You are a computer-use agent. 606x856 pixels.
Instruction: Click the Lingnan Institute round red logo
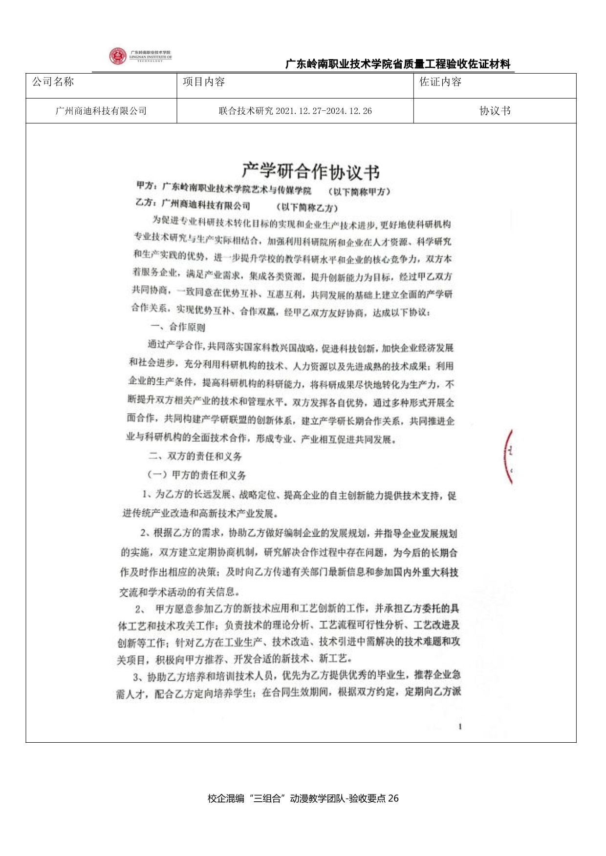click(117, 56)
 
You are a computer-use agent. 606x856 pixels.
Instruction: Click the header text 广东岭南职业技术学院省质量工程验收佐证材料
click(398, 64)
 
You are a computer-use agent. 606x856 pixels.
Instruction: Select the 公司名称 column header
click(53, 82)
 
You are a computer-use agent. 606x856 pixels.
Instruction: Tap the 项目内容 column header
click(204, 82)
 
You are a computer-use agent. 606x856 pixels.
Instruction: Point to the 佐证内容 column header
click(440, 82)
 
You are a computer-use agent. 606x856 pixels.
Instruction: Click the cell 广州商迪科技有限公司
click(101, 111)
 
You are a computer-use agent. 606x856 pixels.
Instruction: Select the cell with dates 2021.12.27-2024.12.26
click(295, 111)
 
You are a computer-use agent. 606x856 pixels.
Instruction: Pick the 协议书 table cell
click(495, 111)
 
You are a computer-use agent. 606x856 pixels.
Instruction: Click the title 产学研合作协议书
click(311, 171)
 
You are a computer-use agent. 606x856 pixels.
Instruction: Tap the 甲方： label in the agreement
click(147, 186)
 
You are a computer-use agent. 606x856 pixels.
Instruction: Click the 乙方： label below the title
click(146, 202)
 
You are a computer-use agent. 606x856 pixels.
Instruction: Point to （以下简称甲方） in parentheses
click(360, 191)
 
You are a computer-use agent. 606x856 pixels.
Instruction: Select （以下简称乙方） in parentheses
click(307, 207)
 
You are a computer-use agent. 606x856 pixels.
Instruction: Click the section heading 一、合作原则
click(177, 327)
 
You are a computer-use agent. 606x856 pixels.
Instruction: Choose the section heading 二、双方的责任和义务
click(195, 456)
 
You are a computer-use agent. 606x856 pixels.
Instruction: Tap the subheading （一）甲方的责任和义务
click(196, 475)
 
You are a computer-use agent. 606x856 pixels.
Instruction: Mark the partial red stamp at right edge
click(508, 457)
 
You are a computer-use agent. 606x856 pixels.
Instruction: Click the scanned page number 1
click(460, 727)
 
